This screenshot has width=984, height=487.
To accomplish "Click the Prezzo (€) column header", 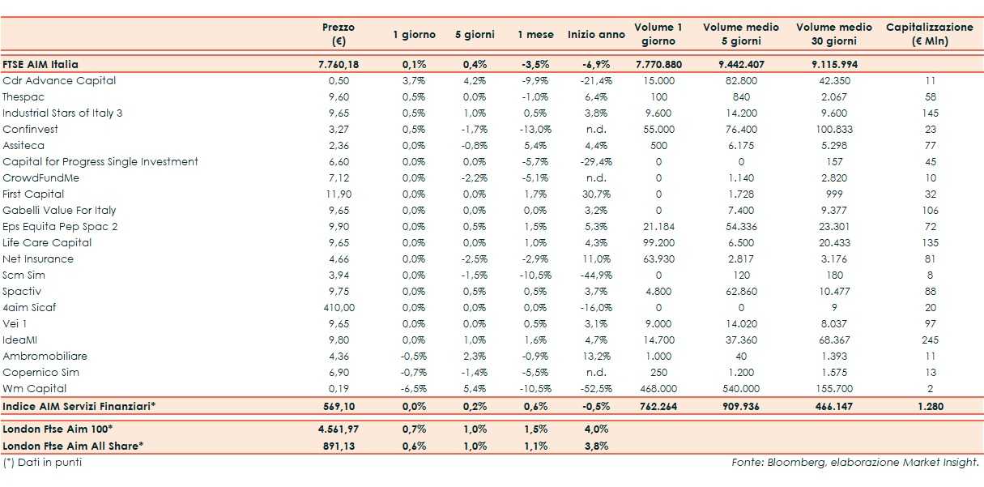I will click(338, 34).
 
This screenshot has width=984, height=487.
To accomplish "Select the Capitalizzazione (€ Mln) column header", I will click(929, 34).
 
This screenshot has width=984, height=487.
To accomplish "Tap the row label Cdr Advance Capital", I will click(59, 80).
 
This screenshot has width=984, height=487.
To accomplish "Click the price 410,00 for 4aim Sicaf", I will click(338, 307).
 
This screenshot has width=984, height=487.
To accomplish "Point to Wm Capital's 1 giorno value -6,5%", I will click(414, 388).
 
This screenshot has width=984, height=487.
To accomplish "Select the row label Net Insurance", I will click(38, 258).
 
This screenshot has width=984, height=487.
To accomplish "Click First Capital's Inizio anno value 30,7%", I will click(595, 194).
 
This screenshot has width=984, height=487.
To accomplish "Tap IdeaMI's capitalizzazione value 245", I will click(930, 340).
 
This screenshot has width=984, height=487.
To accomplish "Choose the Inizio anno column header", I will click(596, 35).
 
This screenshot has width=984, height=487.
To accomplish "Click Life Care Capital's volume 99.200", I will click(658, 242).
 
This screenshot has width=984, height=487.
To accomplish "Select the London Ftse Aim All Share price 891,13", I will click(338, 445).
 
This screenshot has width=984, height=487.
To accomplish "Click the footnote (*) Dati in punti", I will click(42, 462).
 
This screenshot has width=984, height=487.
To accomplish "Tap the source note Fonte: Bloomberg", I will click(854, 463).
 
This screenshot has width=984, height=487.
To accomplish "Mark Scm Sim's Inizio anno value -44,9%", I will click(595, 275).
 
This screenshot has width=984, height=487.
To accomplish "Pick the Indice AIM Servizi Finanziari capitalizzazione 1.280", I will click(930, 405).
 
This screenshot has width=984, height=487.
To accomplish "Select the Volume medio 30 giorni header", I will click(833, 34).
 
